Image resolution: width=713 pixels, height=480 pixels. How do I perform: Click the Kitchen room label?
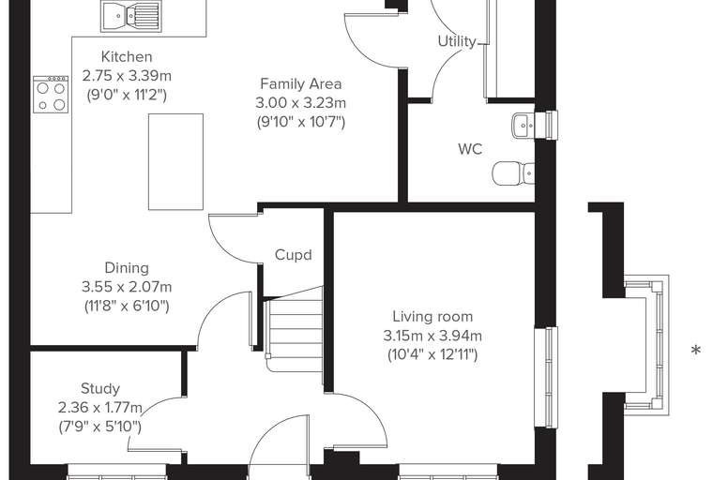(x=127, y=57)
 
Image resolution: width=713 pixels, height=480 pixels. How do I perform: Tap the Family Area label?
(x=300, y=84)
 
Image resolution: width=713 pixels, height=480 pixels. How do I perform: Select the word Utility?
(x=457, y=41)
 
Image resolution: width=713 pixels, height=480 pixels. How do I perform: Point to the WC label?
(x=470, y=149)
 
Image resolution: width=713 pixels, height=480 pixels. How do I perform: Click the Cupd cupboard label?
(x=294, y=255)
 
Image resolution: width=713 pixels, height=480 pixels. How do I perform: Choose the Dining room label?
(x=127, y=268)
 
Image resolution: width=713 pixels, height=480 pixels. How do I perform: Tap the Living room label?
(x=432, y=316)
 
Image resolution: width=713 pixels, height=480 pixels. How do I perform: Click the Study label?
(x=100, y=389)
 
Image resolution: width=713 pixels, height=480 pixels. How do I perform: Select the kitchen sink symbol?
(x=131, y=16)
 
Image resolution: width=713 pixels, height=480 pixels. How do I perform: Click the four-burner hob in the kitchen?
(x=51, y=94)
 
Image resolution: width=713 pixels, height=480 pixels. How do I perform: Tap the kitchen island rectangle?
(x=175, y=162)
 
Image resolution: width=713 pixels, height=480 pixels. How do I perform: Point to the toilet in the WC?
(x=513, y=173)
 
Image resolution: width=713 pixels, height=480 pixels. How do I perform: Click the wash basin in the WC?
(x=523, y=125)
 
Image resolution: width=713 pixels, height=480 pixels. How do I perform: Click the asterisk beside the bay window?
(x=696, y=351)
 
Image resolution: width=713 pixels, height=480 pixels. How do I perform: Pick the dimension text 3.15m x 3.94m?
(x=432, y=336)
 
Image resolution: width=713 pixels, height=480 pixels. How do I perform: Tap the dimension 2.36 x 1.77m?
(x=100, y=407)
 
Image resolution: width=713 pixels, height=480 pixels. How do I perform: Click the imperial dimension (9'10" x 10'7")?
(x=301, y=122)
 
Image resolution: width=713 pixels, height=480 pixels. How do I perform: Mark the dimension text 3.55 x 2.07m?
(x=127, y=287)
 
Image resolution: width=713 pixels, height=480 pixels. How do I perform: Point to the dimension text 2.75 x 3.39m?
(x=127, y=75)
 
